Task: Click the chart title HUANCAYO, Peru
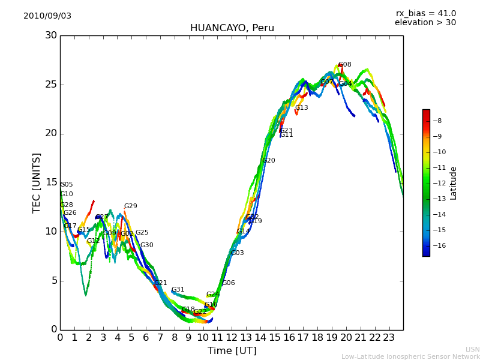click(x=232, y=28)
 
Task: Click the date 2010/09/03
click(x=47, y=16)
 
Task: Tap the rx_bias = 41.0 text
click(x=425, y=14)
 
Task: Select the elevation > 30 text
click(x=425, y=23)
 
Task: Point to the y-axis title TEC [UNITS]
click(x=37, y=182)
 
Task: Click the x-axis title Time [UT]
click(x=232, y=351)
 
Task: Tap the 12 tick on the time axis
click(x=232, y=337)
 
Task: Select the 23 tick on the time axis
click(x=389, y=337)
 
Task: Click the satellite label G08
click(x=345, y=65)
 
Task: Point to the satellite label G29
click(x=131, y=206)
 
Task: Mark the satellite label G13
click(x=302, y=108)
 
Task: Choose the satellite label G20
click(x=269, y=161)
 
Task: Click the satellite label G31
click(x=178, y=290)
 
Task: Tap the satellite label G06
click(x=229, y=283)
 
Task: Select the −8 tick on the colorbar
click(x=437, y=121)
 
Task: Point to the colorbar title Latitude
click(x=454, y=183)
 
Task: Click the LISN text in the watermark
click(x=473, y=349)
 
